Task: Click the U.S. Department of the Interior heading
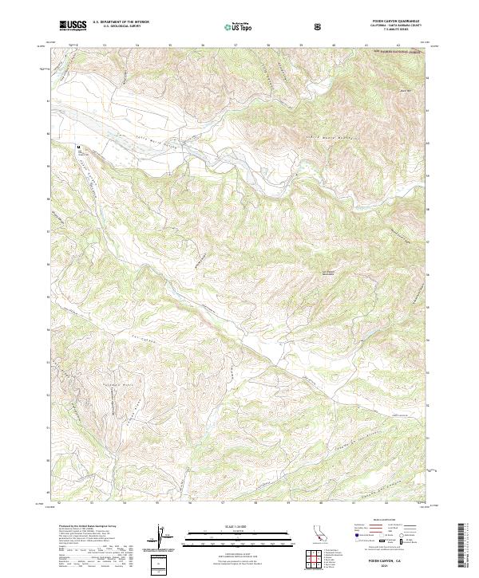[120, 23]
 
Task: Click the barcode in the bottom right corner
[467, 547]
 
